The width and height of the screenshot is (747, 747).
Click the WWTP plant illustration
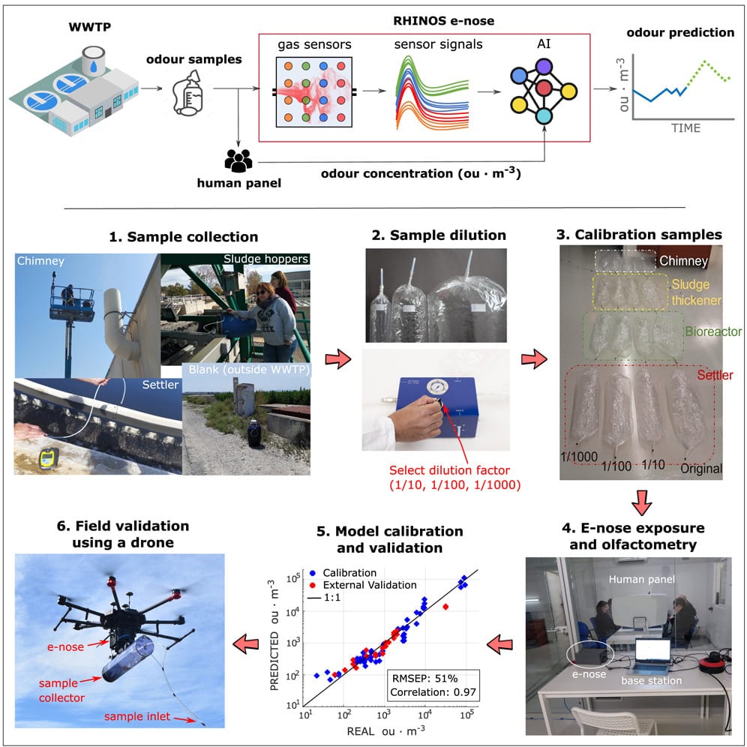(x=73, y=91)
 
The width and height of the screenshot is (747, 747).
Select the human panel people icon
(x=238, y=160)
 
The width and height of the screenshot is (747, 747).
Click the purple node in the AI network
(x=544, y=67)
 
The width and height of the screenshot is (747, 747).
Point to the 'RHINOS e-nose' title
(x=443, y=20)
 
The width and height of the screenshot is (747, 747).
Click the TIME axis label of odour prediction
(x=685, y=127)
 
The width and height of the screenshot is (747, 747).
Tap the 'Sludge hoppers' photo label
(x=265, y=259)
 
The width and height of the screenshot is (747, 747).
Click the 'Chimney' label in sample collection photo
(x=40, y=260)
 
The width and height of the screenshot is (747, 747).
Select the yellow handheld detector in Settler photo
(x=49, y=458)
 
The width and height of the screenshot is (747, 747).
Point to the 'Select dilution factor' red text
(x=449, y=470)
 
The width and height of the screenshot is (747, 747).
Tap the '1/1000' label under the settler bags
(x=579, y=457)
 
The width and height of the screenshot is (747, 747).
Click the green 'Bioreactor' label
(x=713, y=331)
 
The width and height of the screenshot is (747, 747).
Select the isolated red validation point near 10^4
(x=445, y=607)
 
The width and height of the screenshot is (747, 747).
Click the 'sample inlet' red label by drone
(x=137, y=716)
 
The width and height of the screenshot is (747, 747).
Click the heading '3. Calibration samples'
(x=639, y=235)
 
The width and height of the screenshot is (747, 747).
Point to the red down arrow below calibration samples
(x=641, y=502)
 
